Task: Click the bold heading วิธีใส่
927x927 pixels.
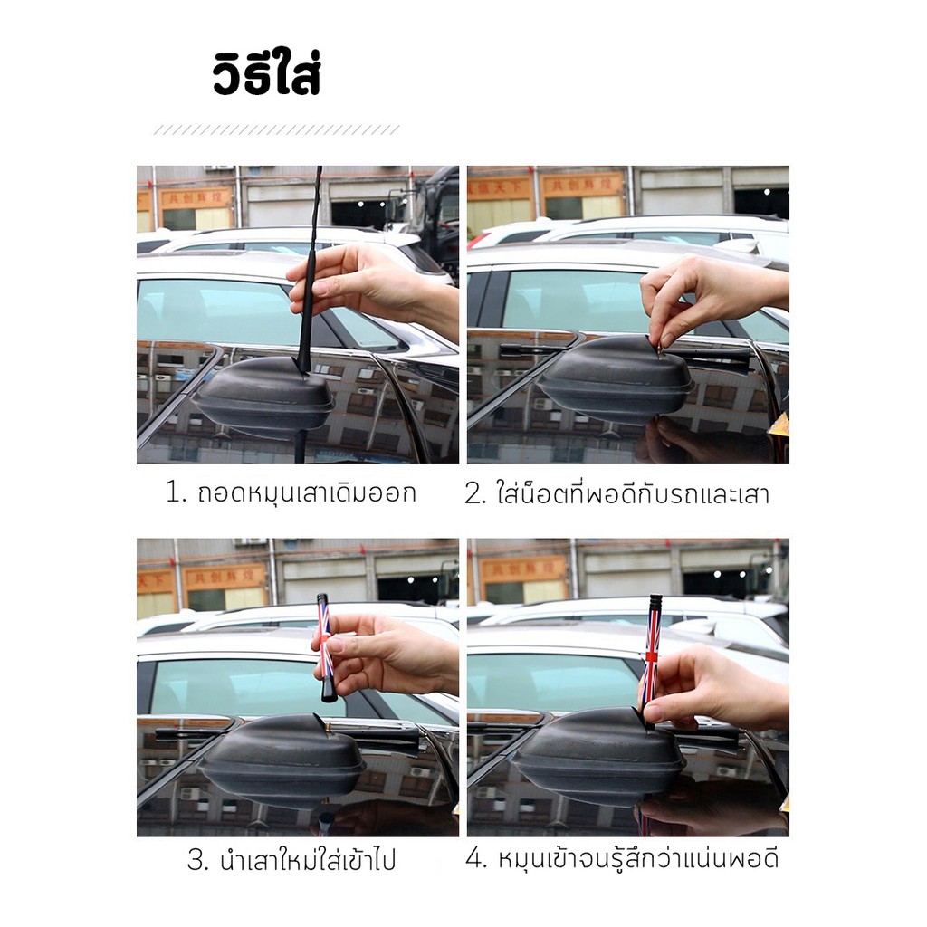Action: point(267,73)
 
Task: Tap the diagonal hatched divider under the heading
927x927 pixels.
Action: point(277,130)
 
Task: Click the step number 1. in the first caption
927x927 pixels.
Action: point(177,492)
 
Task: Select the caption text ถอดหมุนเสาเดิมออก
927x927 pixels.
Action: point(307,492)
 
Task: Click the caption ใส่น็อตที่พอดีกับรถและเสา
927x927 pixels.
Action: point(633,493)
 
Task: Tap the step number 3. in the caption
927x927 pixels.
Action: point(198,860)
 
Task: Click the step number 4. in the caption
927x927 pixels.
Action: point(476,858)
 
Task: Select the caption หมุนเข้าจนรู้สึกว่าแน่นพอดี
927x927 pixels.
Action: point(638,857)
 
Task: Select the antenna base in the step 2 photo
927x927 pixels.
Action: point(616,377)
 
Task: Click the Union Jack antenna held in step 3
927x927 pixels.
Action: point(326,647)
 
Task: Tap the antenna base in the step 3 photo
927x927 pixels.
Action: point(282,759)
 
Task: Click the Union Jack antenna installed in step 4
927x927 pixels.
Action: point(652,656)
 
